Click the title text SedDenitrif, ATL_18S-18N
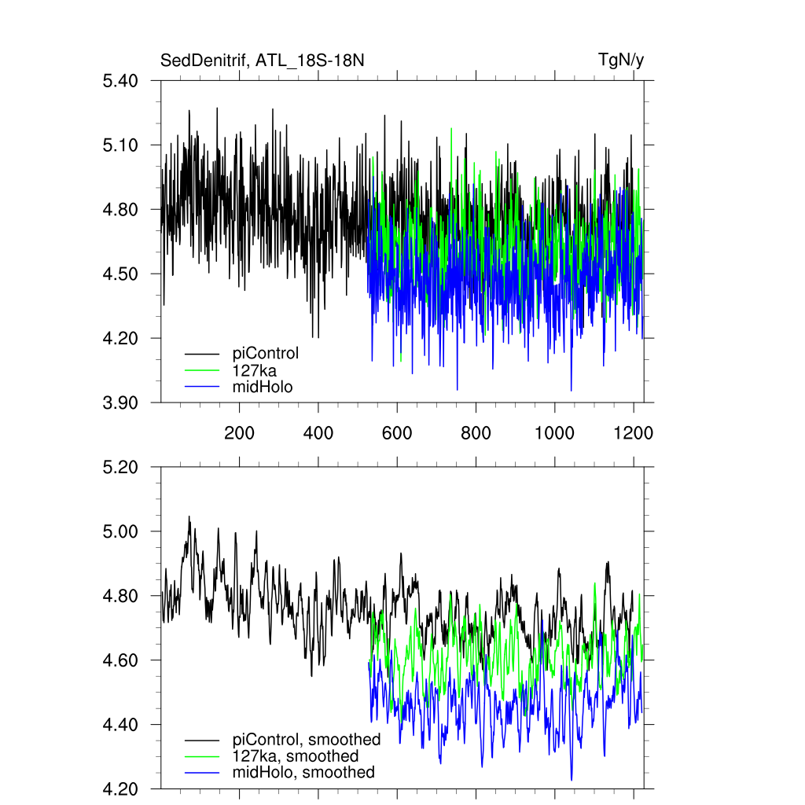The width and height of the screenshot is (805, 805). click(262, 61)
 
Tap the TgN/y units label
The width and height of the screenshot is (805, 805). click(621, 61)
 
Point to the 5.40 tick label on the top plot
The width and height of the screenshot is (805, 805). click(121, 81)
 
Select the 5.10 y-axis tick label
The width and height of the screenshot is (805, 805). click(121, 145)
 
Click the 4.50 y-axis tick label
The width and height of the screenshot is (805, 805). click(121, 274)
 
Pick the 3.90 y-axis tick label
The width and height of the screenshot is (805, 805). click(121, 403)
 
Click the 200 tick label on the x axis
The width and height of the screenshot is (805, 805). click(239, 433)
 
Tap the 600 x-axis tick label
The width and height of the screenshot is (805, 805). click(397, 433)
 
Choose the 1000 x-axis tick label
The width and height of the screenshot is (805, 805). click(554, 433)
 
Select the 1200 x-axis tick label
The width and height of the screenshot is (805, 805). click(634, 433)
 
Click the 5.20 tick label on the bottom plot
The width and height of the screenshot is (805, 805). click(121, 468)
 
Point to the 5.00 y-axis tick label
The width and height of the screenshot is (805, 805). click(121, 532)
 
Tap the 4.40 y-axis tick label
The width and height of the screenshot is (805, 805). click(121, 725)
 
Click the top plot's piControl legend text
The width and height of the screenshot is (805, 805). click(266, 353)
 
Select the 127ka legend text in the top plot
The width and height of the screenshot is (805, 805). click(255, 369)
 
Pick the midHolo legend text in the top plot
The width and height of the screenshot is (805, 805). click(263, 386)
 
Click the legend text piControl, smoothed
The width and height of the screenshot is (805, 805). click(307, 740)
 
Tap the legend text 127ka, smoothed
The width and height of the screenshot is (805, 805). click(296, 756)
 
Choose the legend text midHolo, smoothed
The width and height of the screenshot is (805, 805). click(303, 773)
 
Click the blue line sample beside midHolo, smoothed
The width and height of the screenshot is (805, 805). click(201, 774)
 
